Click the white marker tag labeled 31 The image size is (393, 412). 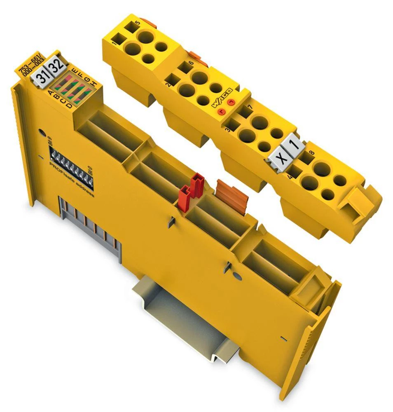[x=40, y=76]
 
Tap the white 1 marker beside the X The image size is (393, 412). [x=293, y=147]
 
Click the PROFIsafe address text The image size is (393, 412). [x=74, y=181]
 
